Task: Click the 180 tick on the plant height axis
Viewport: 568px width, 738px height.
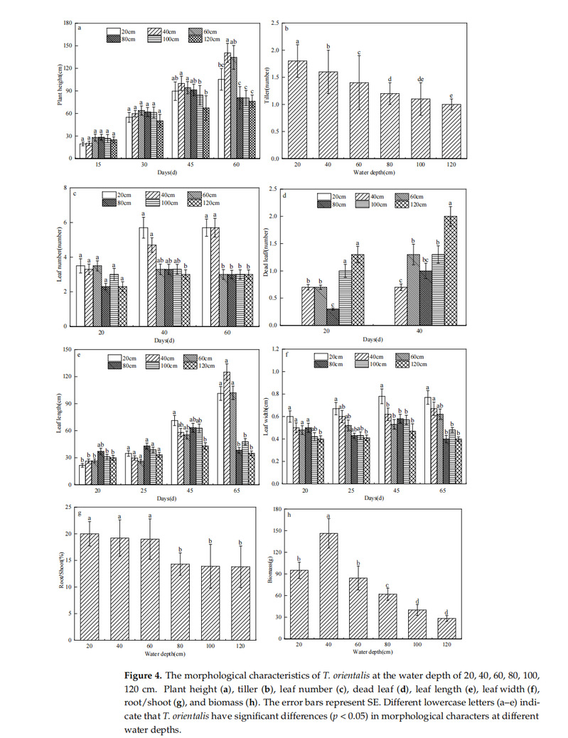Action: (x=68, y=23)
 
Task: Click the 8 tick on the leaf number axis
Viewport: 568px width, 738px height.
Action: (x=70, y=188)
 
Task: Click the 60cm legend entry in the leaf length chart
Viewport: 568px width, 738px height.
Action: (x=205, y=357)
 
